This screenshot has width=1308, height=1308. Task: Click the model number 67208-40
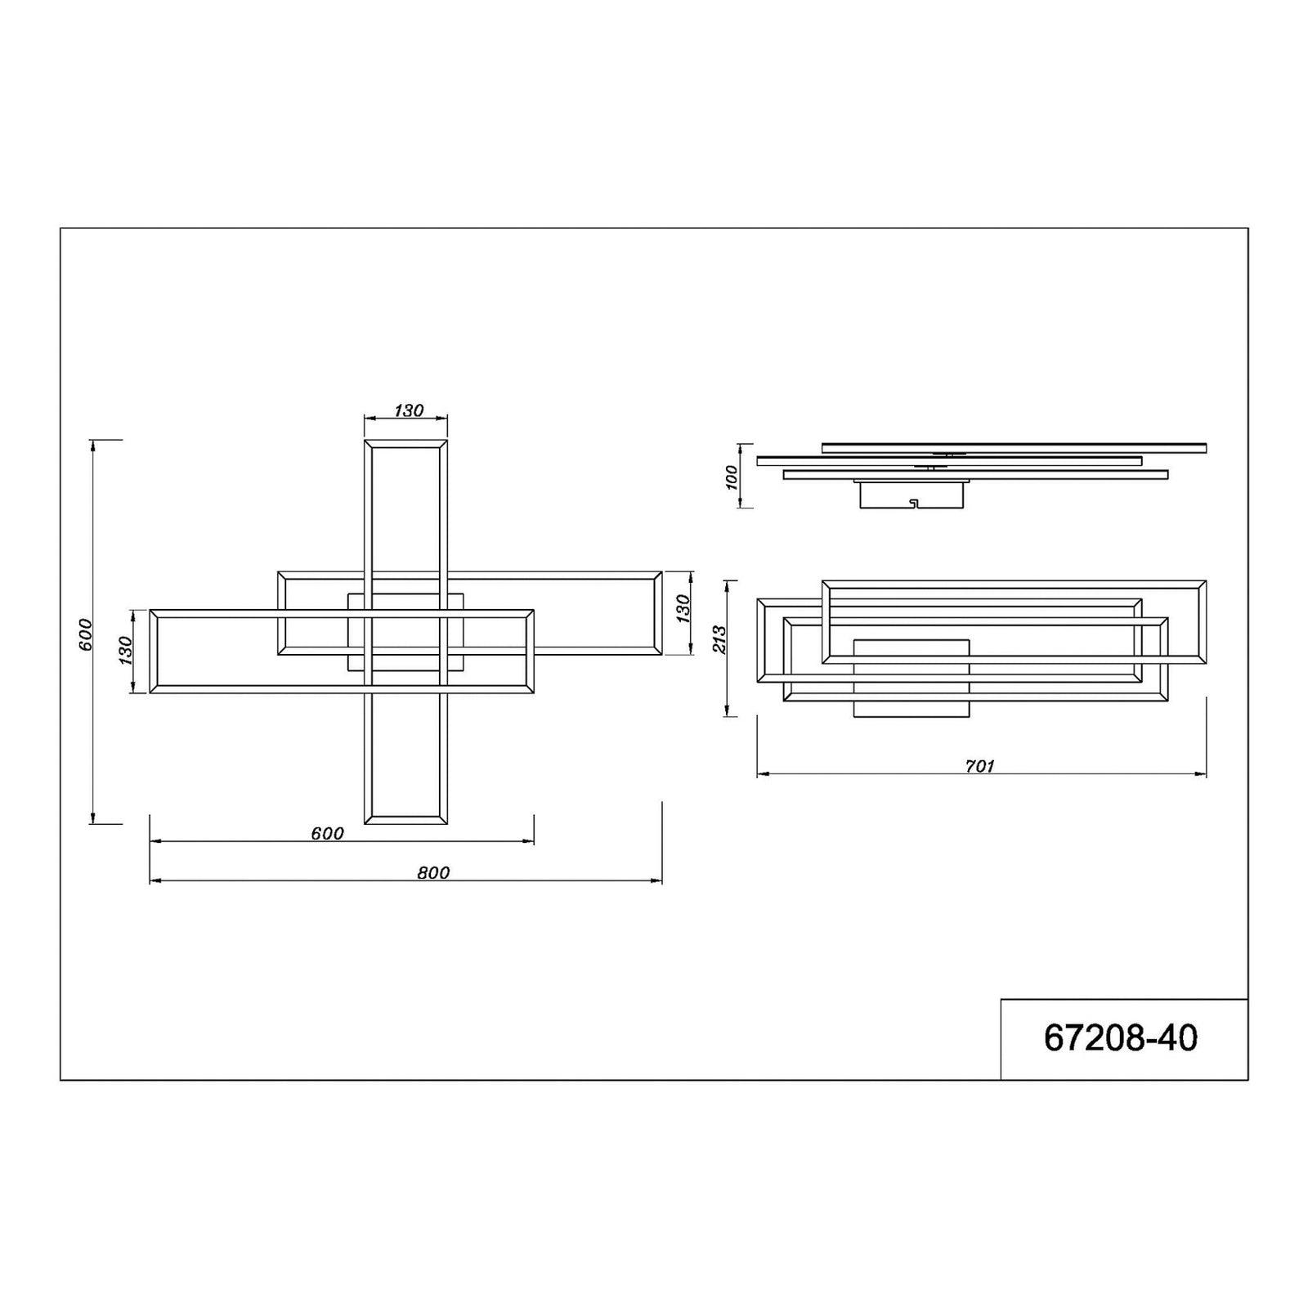(1120, 1038)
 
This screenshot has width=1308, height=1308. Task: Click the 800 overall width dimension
(433, 872)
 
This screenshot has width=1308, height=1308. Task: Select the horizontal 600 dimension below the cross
(327, 833)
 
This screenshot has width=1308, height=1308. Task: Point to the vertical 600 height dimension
(87, 634)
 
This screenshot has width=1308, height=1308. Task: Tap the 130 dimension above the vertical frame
(409, 410)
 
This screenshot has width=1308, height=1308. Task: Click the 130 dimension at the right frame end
(683, 610)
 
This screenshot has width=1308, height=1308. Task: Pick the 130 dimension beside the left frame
(125, 651)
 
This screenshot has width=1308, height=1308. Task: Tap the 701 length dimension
(979, 766)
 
